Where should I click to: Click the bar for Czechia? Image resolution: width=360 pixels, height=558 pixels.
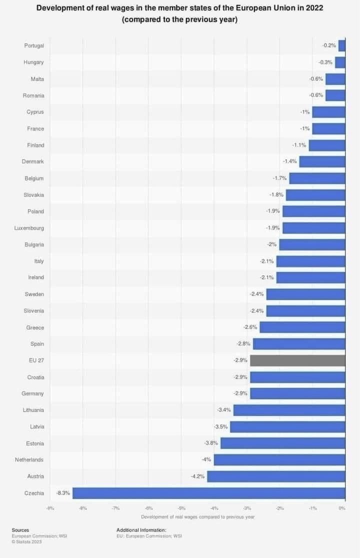[208, 493]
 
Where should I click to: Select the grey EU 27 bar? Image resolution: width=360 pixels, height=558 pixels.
[297, 360]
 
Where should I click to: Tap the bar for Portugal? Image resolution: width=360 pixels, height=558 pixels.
[341, 45]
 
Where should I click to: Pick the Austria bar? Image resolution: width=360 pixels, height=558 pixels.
[276, 476]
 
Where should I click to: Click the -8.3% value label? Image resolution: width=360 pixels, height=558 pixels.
[63, 493]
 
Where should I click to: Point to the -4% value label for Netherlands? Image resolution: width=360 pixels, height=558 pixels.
[206, 459]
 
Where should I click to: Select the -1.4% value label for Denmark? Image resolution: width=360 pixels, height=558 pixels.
[290, 161]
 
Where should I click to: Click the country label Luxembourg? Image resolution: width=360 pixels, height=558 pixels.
[29, 228]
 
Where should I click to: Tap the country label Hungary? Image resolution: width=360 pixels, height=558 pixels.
[33, 62]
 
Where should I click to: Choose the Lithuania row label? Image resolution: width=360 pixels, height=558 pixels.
[33, 410]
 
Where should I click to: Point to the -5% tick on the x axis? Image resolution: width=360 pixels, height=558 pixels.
[181, 508]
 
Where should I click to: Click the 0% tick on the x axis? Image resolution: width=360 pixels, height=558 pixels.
[342, 508]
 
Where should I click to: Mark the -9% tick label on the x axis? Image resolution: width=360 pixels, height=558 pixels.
[50, 508]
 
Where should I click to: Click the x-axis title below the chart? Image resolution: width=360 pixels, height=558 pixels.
[197, 516]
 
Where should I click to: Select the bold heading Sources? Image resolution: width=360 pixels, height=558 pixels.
[20, 530]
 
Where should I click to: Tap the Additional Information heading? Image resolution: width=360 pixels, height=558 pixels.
[141, 530]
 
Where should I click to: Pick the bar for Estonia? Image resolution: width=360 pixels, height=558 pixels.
[282, 443]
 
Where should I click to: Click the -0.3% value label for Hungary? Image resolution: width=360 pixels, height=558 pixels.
[325, 62]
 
